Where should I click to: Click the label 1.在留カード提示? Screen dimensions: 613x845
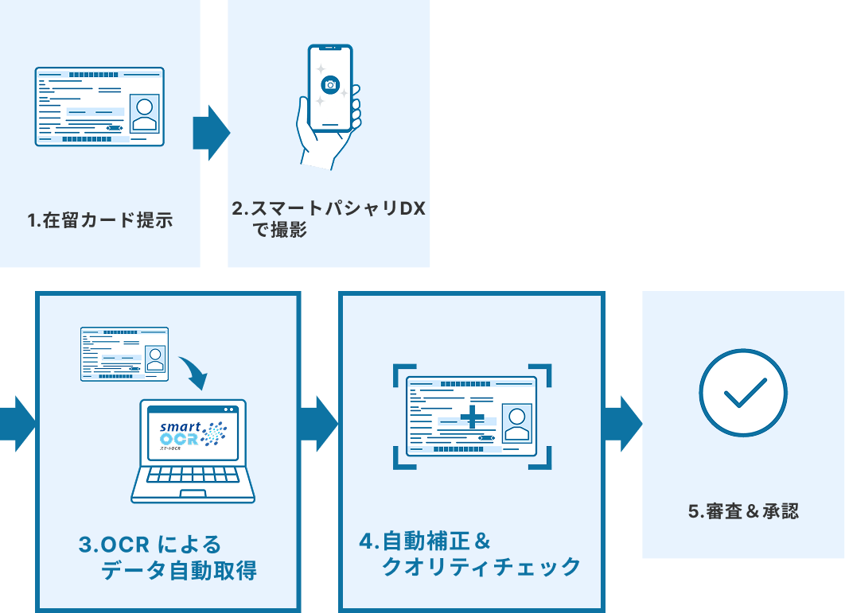[x=100, y=220]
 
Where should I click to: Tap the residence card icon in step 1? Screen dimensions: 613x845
[x=99, y=107]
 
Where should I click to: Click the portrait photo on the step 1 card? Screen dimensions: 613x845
[x=144, y=113]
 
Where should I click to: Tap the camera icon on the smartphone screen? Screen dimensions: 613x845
[x=330, y=84]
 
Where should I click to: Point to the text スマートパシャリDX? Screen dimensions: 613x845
[x=338, y=208]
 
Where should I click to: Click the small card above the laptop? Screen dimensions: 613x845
[x=124, y=354]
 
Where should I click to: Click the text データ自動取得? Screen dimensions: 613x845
[x=178, y=570]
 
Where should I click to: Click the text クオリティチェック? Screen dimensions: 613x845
[x=481, y=567]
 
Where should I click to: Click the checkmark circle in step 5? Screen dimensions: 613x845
[x=742, y=393]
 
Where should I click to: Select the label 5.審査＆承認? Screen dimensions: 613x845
[x=742, y=511]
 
